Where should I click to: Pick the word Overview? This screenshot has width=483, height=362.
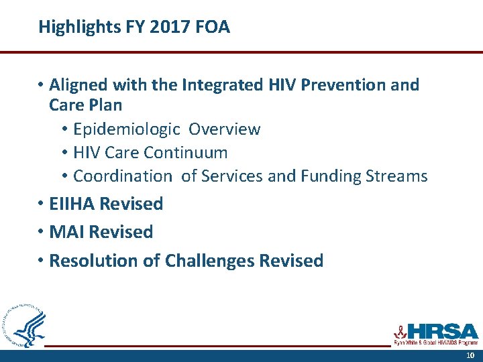tap(225, 129)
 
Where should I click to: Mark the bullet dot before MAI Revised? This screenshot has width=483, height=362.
tap(41, 233)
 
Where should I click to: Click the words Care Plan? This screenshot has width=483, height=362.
tap(86, 105)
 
